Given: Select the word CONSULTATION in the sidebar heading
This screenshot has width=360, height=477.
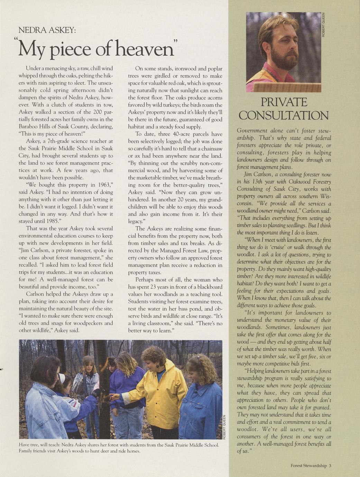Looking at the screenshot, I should [284, 116].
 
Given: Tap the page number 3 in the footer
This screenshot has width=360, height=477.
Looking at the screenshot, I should [330, 466].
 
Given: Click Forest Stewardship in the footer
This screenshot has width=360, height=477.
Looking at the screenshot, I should [308, 466].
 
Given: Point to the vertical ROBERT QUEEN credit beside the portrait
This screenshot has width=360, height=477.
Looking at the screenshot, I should [324, 25].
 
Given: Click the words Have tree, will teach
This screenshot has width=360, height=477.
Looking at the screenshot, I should [39, 445].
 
